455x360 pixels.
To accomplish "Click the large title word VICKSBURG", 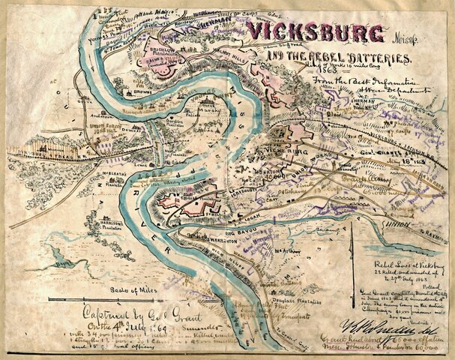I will coord(315,34).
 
